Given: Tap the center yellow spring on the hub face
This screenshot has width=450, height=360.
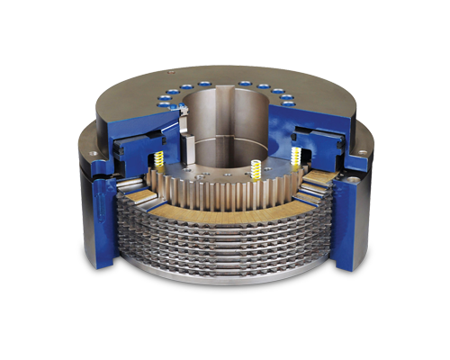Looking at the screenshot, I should pyautogui.click(x=256, y=168).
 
